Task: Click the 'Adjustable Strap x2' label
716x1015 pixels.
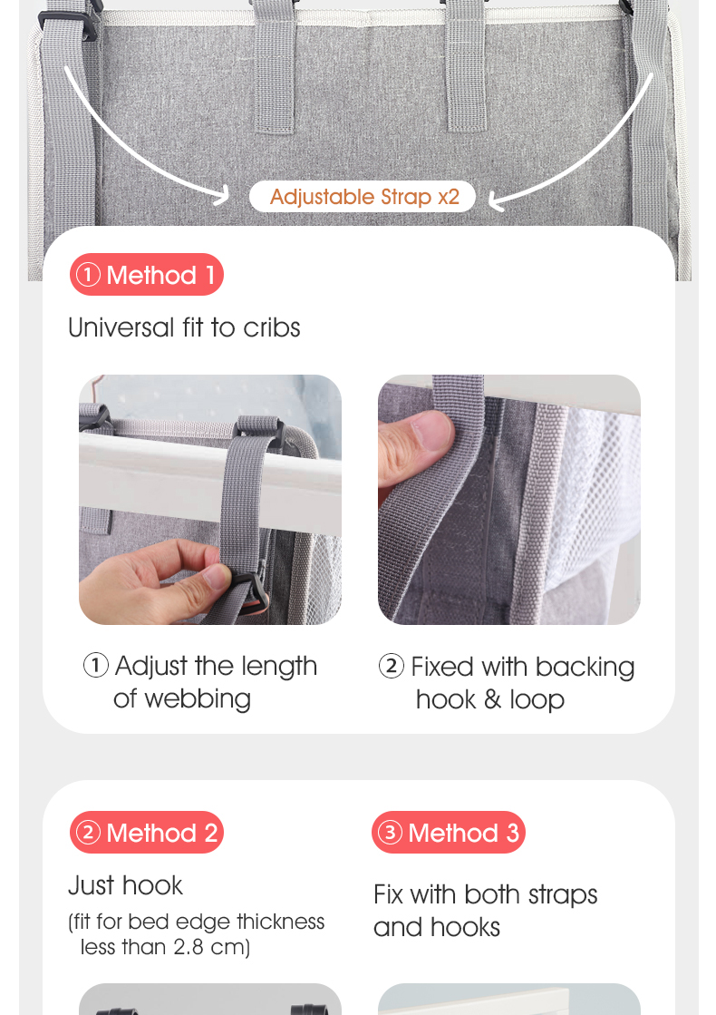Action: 363,197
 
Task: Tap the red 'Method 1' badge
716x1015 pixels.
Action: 147,275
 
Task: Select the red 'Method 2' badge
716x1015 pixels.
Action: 147,833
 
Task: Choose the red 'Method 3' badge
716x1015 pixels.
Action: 449,833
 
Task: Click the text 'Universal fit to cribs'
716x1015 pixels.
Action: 184,327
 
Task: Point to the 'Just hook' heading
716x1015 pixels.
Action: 125,885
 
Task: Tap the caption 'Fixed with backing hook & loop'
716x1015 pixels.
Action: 508,683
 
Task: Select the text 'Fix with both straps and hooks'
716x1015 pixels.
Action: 485,911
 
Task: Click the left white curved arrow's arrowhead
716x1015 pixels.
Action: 223,193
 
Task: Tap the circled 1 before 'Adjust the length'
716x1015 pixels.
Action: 96,666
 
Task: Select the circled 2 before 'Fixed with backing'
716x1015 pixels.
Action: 391,667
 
